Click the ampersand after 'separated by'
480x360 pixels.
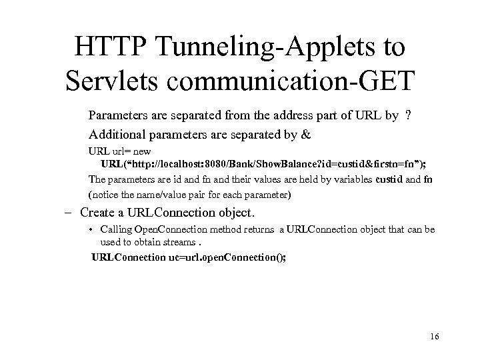coord(307,134)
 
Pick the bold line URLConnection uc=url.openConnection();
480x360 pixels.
coord(189,257)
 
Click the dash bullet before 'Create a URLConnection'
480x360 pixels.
coord(69,213)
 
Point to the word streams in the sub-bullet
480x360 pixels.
coord(182,243)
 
